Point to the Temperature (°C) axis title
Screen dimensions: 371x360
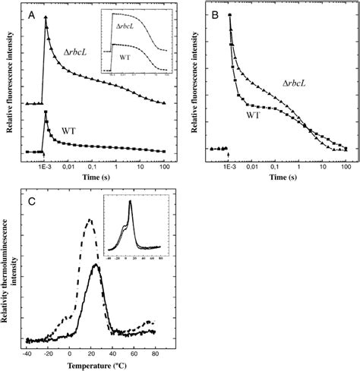92,363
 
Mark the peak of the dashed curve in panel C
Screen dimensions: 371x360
90,221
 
